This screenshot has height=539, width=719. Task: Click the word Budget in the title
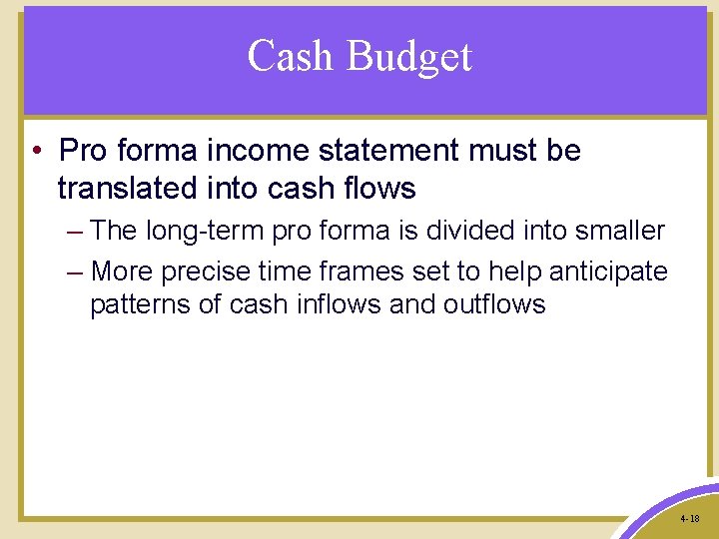(409, 57)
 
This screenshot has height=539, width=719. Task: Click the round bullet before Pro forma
(35, 152)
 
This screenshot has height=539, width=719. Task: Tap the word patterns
(140, 304)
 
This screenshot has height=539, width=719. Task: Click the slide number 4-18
(689, 519)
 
